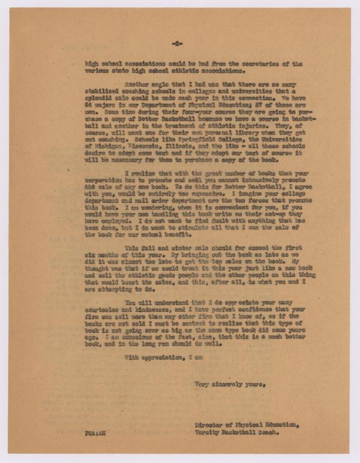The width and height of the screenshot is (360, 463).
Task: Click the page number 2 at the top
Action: tap(176, 44)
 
